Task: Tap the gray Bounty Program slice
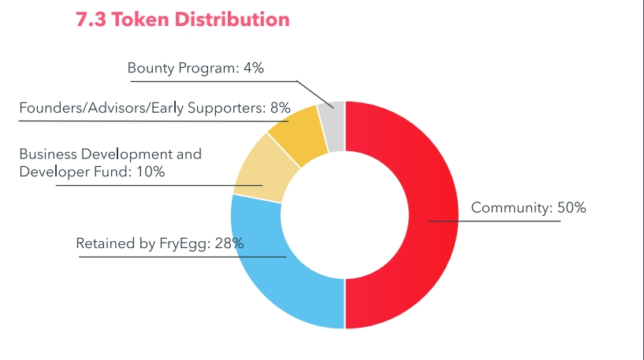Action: pyautogui.click(x=332, y=116)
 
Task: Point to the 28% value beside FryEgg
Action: pyautogui.click(x=229, y=243)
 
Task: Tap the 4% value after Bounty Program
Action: pyautogui.click(x=253, y=69)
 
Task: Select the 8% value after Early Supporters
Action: pyautogui.click(x=281, y=108)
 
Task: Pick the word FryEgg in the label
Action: pyautogui.click(x=184, y=244)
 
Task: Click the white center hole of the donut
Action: pyautogui.click(x=344, y=214)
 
